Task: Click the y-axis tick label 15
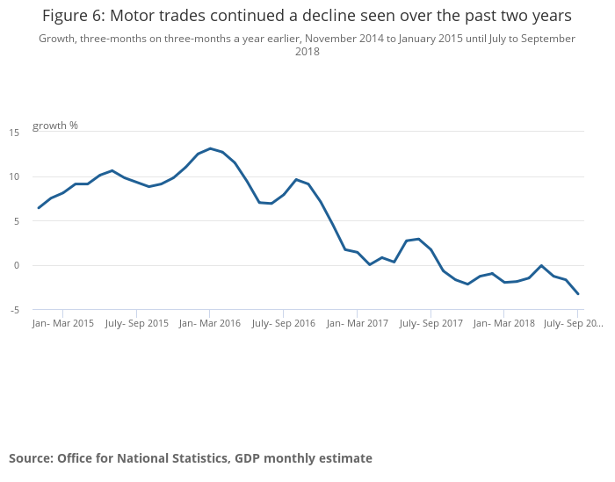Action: point(14,133)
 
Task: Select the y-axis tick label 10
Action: point(14,176)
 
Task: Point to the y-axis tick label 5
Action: point(16,221)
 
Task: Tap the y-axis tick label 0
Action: point(16,265)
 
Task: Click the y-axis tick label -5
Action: point(14,310)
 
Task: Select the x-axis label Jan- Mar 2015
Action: point(62,324)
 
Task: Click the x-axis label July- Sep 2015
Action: point(136,324)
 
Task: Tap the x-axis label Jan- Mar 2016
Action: point(209,324)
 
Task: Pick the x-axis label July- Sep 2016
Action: point(283,324)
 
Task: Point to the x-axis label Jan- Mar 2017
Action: point(357,324)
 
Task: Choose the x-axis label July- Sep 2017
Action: point(430,324)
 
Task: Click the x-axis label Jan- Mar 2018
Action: point(503,324)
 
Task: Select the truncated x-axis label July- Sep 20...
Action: point(573,324)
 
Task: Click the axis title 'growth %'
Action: point(55,126)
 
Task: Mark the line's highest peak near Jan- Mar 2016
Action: point(210,148)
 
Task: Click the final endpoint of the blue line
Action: point(577,293)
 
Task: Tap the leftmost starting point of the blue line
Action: point(39,208)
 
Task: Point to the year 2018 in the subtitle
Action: point(307,52)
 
